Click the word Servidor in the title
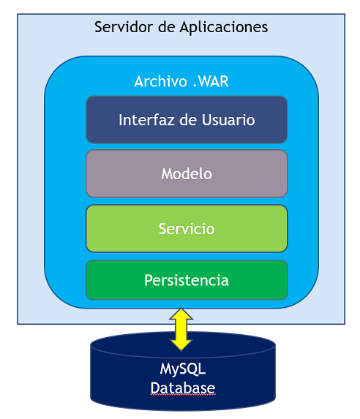click(x=124, y=27)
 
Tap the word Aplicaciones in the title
click(x=224, y=27)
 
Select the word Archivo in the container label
click(x=160, y=81)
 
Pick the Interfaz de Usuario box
click(x=187, y=120)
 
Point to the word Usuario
click(x=228, y=120)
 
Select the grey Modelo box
click(x=187, y=174)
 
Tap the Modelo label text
click(x=187, y=174)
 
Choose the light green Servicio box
click(x=187, y=228)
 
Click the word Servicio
click(x=187, y=229)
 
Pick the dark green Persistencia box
click(x=187, y=280)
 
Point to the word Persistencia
click(x=187, y=280)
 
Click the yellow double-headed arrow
click(x=181, y=329)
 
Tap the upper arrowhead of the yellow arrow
click(x=181, y=314)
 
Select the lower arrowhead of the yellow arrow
click(x=181, y=345)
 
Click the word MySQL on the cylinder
click(x=183, y=369)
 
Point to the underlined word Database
click(x=183, y=388)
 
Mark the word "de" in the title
click(x=166, y=27)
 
